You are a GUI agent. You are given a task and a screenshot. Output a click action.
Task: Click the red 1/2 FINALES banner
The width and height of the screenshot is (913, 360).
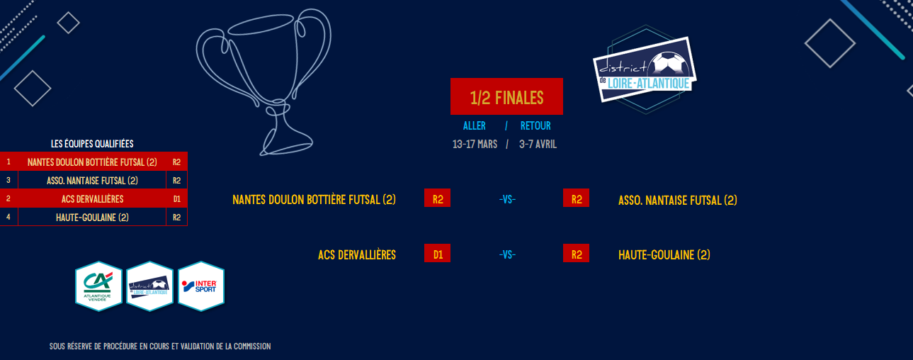click(x=506, y=96)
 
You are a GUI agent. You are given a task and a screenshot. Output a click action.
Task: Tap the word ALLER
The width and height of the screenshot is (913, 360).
click(x=475, y=126)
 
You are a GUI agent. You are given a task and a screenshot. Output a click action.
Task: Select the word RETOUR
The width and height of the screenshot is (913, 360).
click(x=535, y=126)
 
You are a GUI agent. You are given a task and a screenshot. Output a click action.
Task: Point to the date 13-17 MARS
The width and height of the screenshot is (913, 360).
click(x=475, y=145)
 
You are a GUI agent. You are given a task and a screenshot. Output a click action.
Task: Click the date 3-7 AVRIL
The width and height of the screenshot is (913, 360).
click(x=538, y=145)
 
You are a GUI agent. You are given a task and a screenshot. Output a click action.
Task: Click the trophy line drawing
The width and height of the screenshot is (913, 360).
click(x=263, y=81)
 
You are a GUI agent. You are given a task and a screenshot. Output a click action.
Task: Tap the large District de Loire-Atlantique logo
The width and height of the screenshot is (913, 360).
click(x=645, y=69)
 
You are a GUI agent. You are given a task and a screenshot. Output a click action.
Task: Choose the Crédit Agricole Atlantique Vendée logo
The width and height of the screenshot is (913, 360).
click(x=98, y=286)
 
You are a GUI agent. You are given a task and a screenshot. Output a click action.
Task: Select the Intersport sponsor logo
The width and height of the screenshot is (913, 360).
click(x=201, y=286)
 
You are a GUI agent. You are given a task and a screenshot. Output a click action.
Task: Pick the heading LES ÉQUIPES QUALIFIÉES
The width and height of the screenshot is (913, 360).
click(x=92, y=144)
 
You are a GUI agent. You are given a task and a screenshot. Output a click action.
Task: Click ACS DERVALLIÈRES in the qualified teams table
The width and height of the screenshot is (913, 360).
click(x=93, y=199)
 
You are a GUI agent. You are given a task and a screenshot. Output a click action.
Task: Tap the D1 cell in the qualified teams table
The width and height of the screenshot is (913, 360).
click(x=176, y=199)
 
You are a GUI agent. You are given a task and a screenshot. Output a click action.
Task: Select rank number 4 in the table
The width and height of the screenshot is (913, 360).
click(x=8, y=217)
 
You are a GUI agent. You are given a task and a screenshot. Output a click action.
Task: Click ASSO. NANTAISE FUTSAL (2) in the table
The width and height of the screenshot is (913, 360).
click(x=92, y=181)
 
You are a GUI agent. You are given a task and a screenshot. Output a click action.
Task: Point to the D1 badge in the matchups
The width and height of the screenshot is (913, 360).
click(x=437, y=253)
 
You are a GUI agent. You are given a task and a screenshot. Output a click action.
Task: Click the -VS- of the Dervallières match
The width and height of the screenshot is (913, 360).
click(x=507, y=255)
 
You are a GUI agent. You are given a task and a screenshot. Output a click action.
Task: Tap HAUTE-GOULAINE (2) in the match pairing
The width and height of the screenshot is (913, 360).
click(x=664, y=255)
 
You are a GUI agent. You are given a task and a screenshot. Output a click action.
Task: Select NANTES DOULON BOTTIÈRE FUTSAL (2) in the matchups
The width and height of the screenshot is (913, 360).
click(x=314, y=200)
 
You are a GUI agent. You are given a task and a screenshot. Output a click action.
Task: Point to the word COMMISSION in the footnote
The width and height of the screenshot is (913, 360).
click(x=252, y=346)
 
